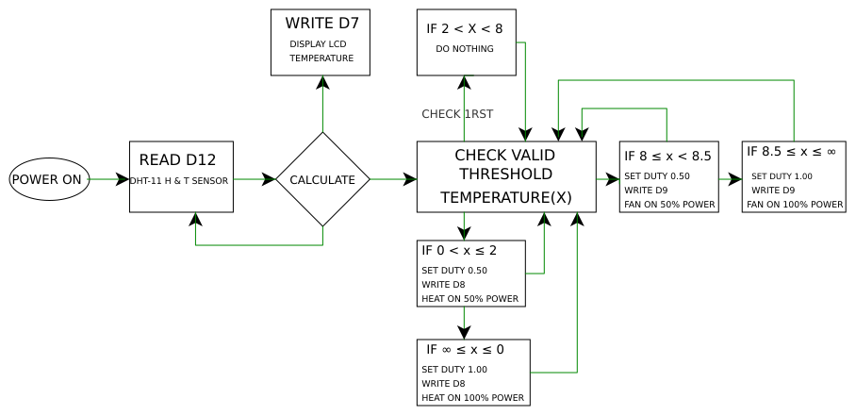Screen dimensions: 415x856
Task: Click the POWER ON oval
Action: (49, 179)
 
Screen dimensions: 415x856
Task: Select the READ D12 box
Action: (181, 177)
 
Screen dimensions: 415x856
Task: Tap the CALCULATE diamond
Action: (322, 179)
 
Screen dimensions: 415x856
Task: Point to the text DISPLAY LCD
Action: (319, 44)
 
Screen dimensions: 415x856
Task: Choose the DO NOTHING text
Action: (465, 49)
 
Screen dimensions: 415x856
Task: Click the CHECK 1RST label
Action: (457, 114)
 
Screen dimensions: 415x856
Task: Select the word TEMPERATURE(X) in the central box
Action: (506, 198)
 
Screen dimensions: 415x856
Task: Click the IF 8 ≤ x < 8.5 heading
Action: (667, 156)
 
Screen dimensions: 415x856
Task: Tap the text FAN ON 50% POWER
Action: (669, 204)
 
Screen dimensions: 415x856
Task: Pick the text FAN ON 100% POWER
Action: (795, 204)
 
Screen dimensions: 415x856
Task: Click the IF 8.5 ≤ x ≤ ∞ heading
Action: (791, 152)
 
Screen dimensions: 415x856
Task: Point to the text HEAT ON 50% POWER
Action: (469, 299)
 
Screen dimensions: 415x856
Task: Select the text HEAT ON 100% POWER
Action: (472, 397)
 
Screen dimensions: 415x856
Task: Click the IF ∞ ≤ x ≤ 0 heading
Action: (465, 350)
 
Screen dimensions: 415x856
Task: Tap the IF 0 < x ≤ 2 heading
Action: (459, 251)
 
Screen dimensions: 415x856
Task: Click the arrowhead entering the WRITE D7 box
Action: (322, 81)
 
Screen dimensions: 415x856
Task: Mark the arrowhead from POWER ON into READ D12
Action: (123, 179)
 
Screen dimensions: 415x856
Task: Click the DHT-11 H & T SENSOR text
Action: (179, 180)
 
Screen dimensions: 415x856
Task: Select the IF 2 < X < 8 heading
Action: (465, 29)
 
